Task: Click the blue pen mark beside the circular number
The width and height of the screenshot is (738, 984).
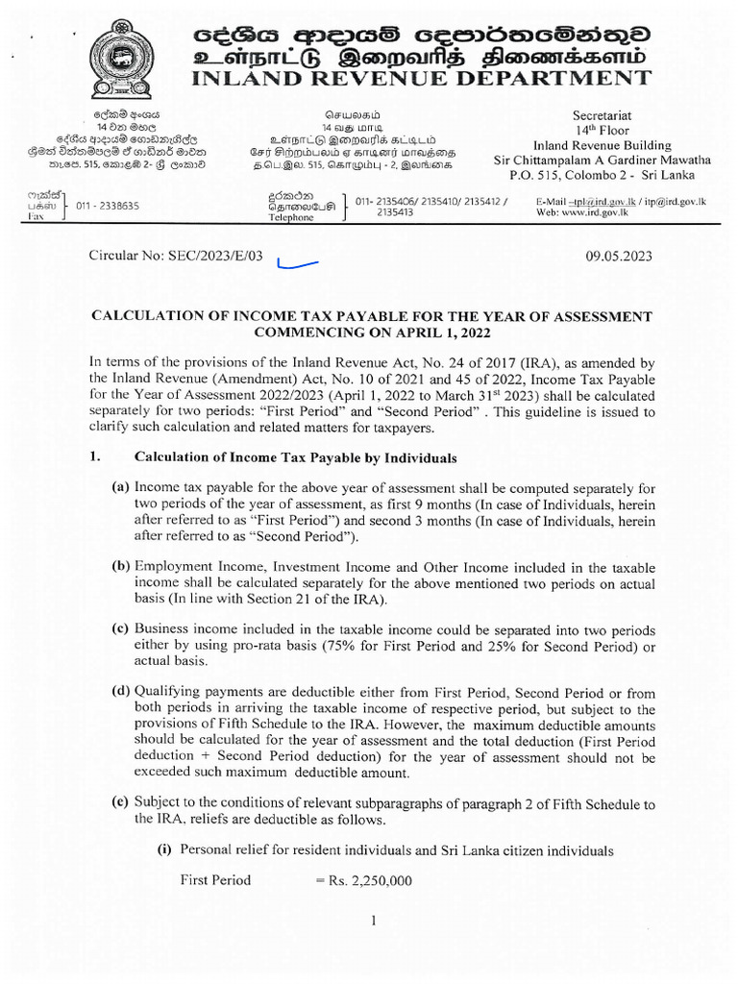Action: (x=295, y=263)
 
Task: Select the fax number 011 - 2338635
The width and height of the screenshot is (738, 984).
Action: (x=109, y=206)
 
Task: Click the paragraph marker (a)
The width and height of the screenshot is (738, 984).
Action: (x=121, y=487)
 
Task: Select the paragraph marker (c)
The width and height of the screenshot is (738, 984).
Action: (x=121, y=629)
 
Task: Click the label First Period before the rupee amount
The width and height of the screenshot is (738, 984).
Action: (x=215, y=880)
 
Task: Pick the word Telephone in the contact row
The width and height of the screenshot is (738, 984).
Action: (x=290, y=218)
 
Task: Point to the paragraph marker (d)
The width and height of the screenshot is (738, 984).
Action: (x=121, y=691)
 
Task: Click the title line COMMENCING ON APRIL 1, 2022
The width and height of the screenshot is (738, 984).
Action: (x=372, y=332)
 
